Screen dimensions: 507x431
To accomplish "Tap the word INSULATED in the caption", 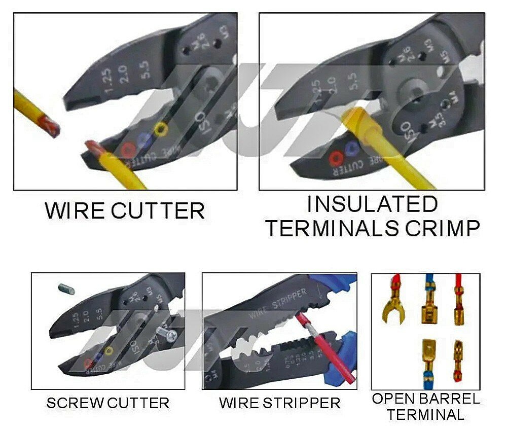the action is [x=372, y=204].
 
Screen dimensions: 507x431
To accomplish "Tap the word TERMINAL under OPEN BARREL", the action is [x=426, y=414].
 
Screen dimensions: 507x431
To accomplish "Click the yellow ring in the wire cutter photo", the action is [x=161, y=129].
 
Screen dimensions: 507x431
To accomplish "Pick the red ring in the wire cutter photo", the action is [x=128, y=149].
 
